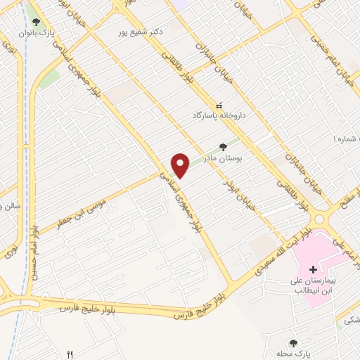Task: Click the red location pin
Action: [181, 165]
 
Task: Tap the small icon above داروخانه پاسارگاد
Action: [219, 103]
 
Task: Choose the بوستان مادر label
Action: [223, 159]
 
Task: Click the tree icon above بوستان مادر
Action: [223, 147]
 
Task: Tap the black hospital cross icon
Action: [313, 269]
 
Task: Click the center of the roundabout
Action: [321, 218]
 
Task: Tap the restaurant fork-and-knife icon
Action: [69, 354]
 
